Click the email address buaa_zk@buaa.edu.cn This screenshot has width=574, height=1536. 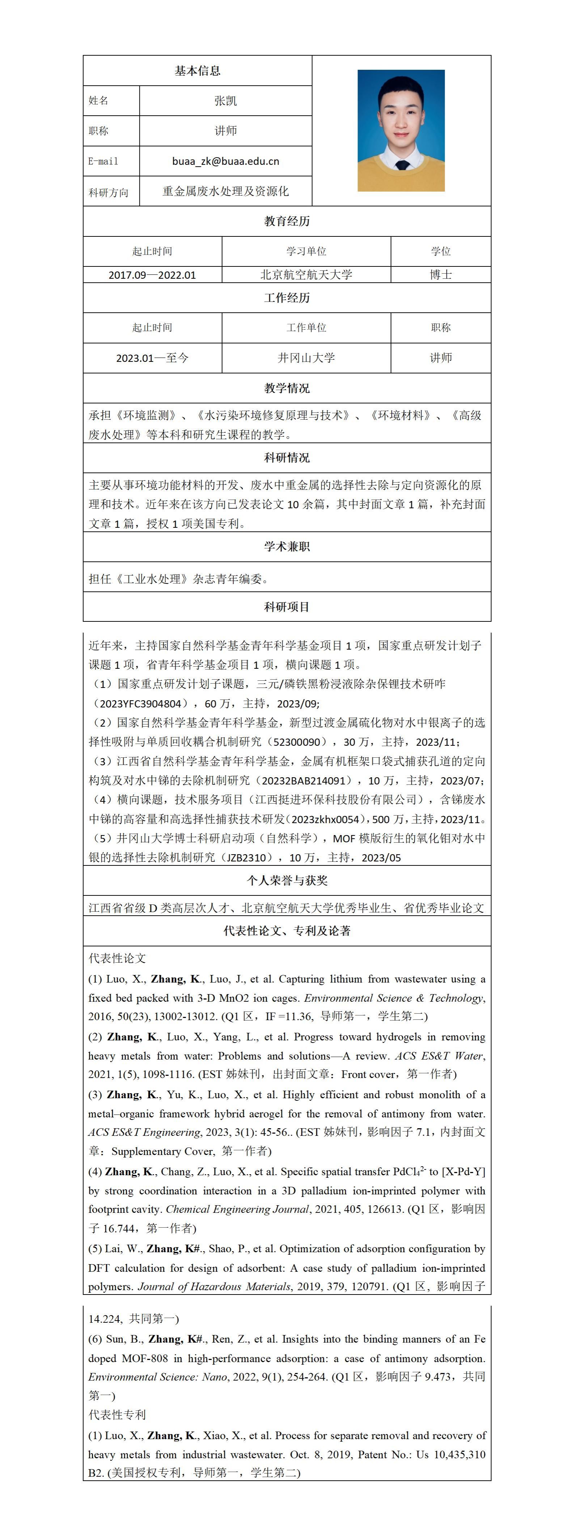pos(225,161)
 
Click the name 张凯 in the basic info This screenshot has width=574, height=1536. pos(225,101)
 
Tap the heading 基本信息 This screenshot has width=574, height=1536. pos(198,71)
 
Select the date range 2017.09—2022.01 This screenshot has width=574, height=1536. pos(152,275)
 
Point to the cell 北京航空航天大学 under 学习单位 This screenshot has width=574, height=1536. pos(306,275)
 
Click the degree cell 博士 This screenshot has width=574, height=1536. pos(440,275)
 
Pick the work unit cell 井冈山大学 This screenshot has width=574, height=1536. pos(306,358)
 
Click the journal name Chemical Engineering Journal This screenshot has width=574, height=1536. pos(237,1209)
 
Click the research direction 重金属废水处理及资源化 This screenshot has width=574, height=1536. pos(225,191)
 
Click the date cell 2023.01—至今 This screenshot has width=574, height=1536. pos(152,358)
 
